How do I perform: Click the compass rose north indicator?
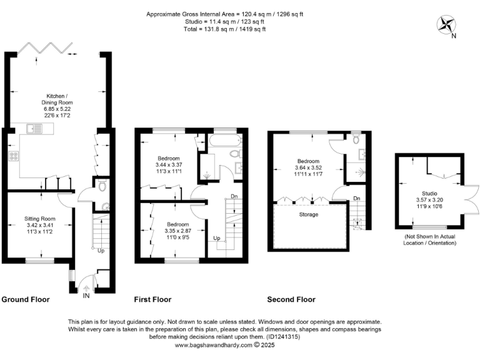[x=447, y=26]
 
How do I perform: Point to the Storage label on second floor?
[x=308, y=214]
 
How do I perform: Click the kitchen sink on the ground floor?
[x=34, y=129]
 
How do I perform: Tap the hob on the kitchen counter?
[x=12, y=156]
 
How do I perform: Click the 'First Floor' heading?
[x=153, y=299]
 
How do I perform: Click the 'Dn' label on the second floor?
[x=357, y=199]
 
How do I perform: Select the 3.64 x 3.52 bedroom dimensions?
[x=309, y=167]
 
